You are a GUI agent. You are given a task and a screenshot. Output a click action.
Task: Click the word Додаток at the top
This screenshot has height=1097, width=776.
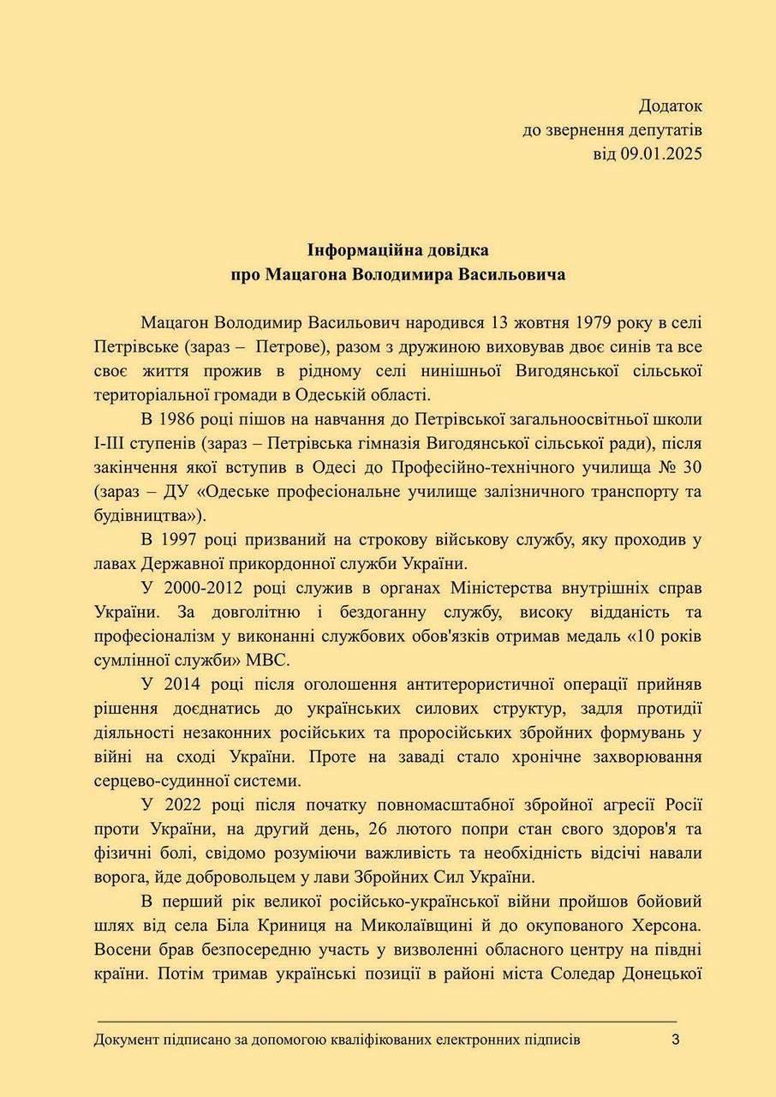pos(670,106)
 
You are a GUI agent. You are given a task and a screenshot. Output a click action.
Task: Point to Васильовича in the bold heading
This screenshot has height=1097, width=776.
pos(512,276)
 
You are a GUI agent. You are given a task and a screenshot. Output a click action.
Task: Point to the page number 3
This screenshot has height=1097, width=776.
pos(675,1040)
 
